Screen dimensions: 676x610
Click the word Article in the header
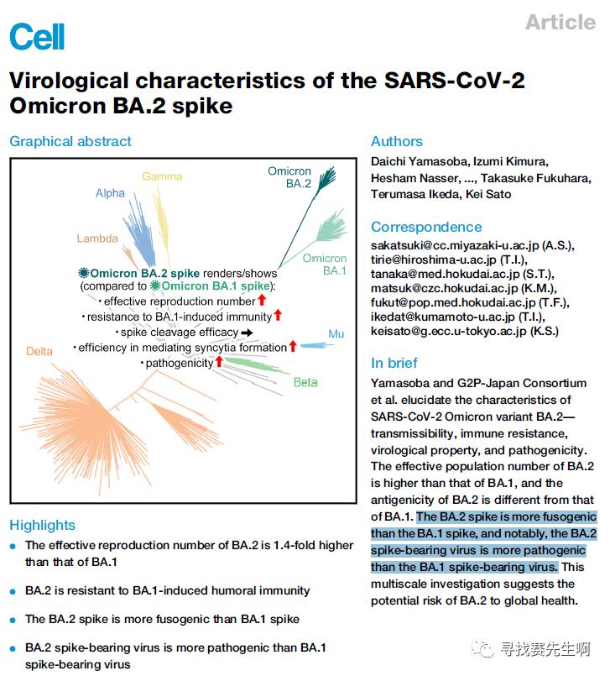coord(560,23)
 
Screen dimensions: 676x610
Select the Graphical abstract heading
coord(70,142)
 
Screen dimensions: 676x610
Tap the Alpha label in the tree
coord(110,193)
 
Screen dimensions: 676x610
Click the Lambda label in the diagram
coord(97,238)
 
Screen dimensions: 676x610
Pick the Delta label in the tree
coord(39,351)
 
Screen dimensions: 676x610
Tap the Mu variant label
coord(336,334)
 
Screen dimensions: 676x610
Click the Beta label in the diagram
coord(305,383)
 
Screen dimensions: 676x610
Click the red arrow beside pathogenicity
coord(220,362)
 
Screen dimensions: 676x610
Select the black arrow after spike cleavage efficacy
coord(247,333)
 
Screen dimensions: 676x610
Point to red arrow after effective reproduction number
coord(262,301)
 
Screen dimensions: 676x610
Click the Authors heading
coord(396,142)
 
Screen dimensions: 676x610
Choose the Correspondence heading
coord(426,227)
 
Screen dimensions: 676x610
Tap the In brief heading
coord(394,363)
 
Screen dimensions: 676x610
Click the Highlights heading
coord(42,526)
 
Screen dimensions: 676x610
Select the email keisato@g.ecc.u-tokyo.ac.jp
coord(454,331)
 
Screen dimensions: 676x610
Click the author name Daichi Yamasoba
coord(418,161)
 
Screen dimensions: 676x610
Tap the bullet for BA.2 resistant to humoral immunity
coord(13,591)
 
